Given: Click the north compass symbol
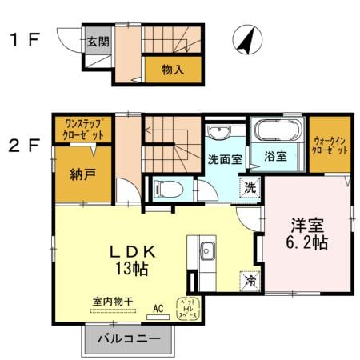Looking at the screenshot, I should (248, 39).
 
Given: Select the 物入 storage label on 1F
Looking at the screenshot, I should (173, 70).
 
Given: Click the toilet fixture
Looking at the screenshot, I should (169, 190).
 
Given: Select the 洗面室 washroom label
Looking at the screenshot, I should (225, 158).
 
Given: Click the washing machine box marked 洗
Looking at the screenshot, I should (250, 188).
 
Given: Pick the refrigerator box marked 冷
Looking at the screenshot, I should (250, 281).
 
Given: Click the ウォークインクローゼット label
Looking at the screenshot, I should (330, 144).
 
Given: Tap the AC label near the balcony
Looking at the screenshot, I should (158, 307).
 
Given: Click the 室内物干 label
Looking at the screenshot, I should (111, 302).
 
